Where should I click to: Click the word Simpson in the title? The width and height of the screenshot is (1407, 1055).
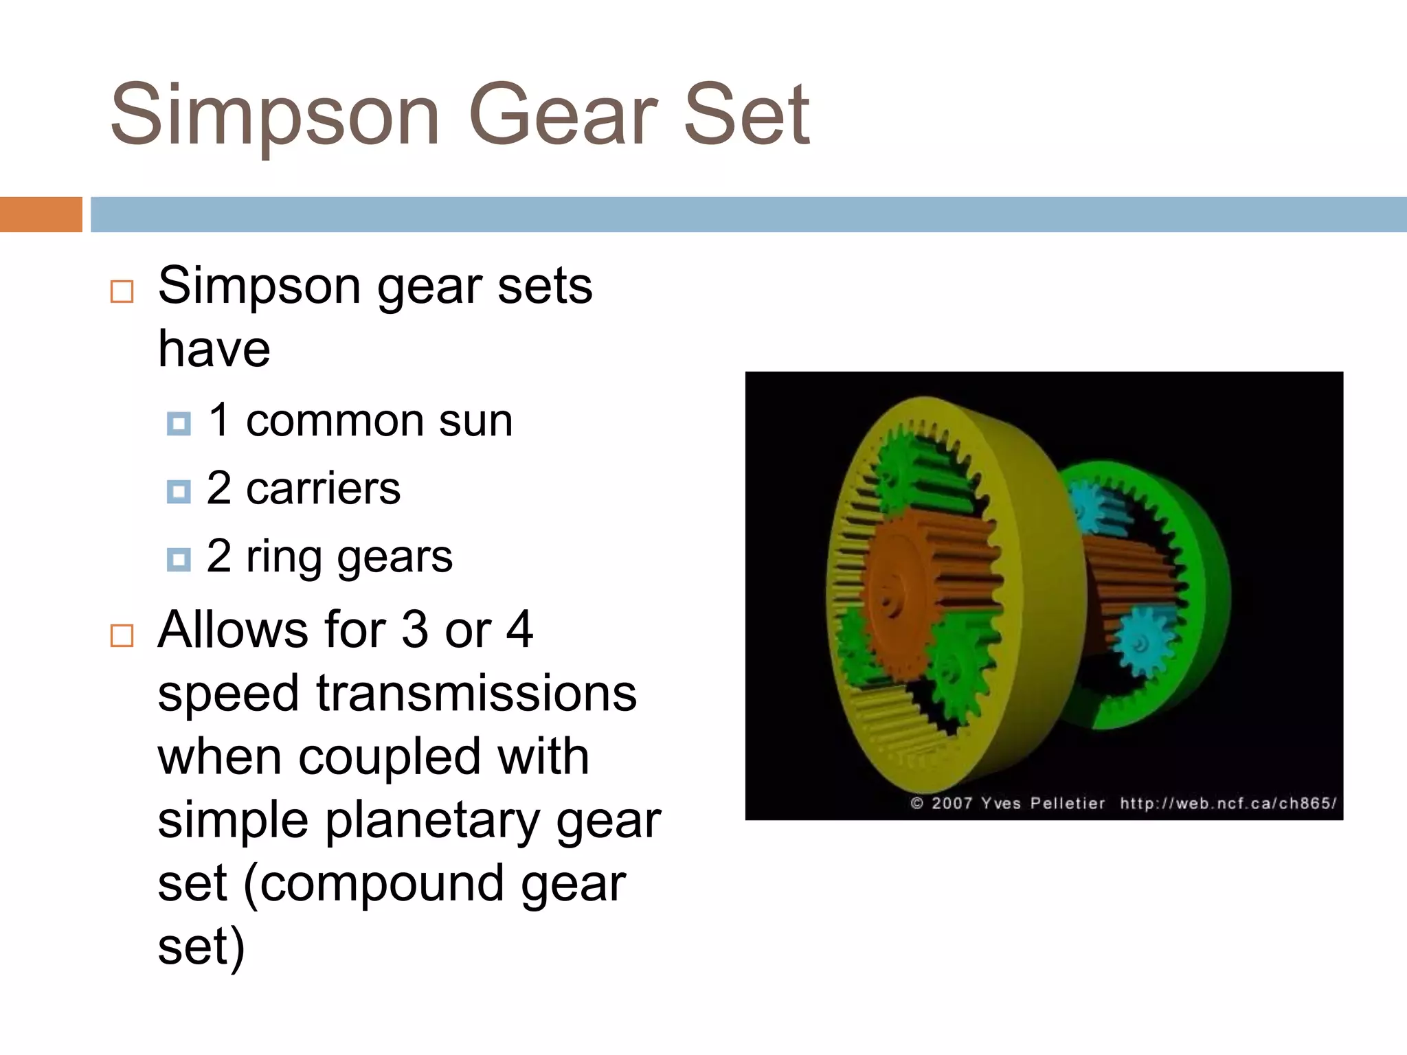click(x=275, y=115)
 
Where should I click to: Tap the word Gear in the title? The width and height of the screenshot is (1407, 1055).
click(x=563, y=115)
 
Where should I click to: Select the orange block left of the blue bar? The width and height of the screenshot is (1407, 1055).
click(x=41, y=214)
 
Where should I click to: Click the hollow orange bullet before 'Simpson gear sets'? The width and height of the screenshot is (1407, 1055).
click(x=122, y=291)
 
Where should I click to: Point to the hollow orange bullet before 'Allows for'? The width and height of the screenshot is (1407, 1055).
click(x=122, y=635)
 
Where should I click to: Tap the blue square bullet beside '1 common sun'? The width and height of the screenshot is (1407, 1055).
click(x=179, y=423)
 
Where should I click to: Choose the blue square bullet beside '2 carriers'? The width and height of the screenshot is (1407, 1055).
click(x=179, y=491)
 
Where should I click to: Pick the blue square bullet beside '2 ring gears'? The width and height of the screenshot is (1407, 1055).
click(x=179, y=559)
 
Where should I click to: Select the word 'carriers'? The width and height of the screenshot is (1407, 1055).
click(x=323, y=488)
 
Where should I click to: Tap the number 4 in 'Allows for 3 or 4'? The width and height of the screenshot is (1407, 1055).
click(x=519, y=629)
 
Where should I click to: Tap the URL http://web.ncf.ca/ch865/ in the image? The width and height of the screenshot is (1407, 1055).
click(x=1228, y=803)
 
